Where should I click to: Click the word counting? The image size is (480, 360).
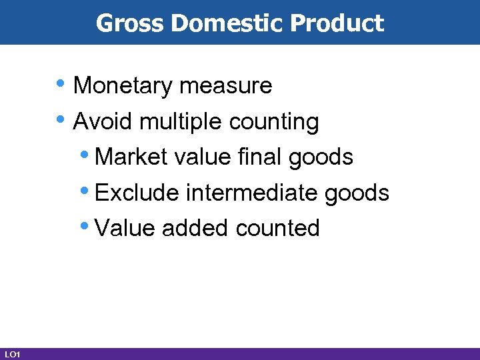click(x=274, y=123)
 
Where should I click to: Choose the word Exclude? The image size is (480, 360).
click(x=137, y=193)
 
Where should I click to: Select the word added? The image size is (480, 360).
click(x=196, y=229)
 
